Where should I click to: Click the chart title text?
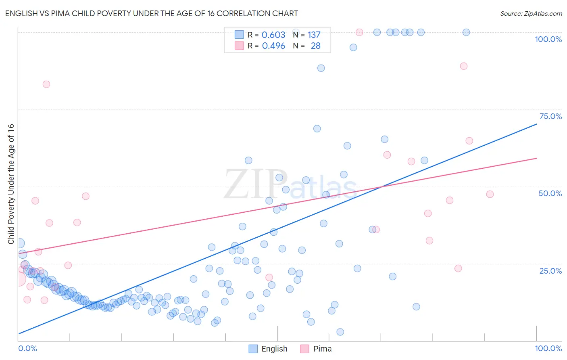pyautogui.click(x=151, y=13)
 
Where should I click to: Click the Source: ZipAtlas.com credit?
pyautogui.click(x=531, y=13)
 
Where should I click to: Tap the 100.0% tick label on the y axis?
pyautogui.click(x=548, y=39)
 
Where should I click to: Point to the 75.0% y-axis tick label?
pyautogui.click(x=550, y=116)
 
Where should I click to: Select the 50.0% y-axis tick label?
pyautogui.click(x=550, y=193)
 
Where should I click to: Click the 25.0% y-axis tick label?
pyautogui.click(x=550, y=270)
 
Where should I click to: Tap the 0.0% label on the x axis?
pyautogui.click(x=27, y=348)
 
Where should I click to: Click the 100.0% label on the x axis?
pyautogui.click(x=548, y=348)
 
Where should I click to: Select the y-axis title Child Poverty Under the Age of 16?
pyautogui.click(x=11, y=184)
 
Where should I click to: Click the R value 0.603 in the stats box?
pyautogui.click(x=273, y=35)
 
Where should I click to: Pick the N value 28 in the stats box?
pyautogui.click(x=315, y=46)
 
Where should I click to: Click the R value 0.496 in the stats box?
pyautogui.click(x=273, y=46)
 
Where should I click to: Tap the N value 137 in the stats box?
pyautogui.click(x=314, y=35)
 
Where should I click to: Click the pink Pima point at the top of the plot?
pyautogui.click(x=359, y=32)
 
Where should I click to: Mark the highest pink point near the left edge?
pyautogui.click(x=46, y=84)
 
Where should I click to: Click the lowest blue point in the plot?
pyautogui.click(x=340, y=332)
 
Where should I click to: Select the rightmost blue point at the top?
pyautogui.click(x=466, y=32)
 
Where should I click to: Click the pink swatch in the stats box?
pyautogui.click(x=239, y=46)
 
